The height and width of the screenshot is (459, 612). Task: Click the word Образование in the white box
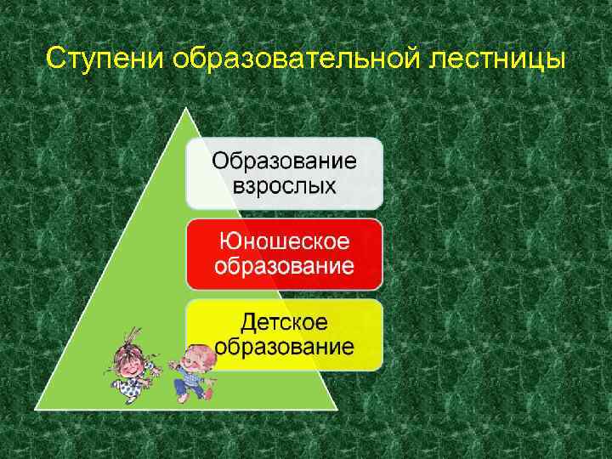click(x=284, y=161)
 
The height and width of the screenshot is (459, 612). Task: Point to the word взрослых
click(x=284, y=184)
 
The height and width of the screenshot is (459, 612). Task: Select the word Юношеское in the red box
click(x=284, y=241)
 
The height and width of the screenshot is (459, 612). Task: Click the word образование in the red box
click(x=284, y=266)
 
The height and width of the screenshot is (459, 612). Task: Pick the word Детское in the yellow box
click(x=284, y=322)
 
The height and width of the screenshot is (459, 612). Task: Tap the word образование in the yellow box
click(x=284, y=347)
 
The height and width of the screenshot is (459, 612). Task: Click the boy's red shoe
click(x=209, y=394)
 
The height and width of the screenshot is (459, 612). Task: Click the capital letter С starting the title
click(x=54, y=59)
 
